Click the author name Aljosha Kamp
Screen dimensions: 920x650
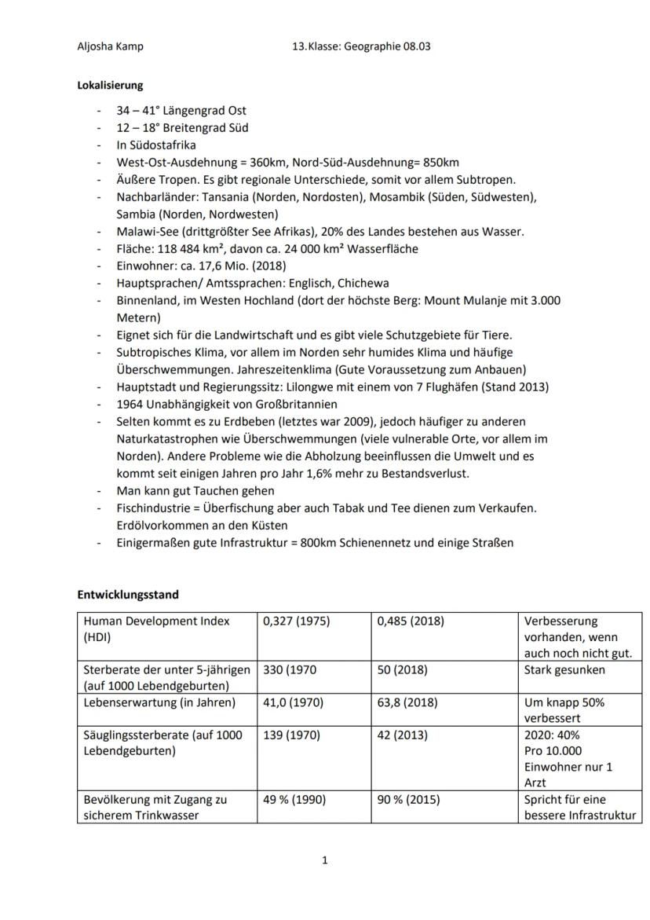110,46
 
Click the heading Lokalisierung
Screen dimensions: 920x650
109,85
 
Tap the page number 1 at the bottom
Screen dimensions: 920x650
325,860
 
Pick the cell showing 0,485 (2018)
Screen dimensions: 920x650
411,621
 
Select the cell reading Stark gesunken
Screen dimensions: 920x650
564,670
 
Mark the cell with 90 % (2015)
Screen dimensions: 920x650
408,800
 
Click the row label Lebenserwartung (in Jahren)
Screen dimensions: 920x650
159,702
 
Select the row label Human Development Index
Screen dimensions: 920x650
156,621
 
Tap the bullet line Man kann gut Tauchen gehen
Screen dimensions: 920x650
195,491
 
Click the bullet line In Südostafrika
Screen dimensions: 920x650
156,145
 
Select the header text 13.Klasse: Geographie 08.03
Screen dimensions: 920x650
361,46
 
